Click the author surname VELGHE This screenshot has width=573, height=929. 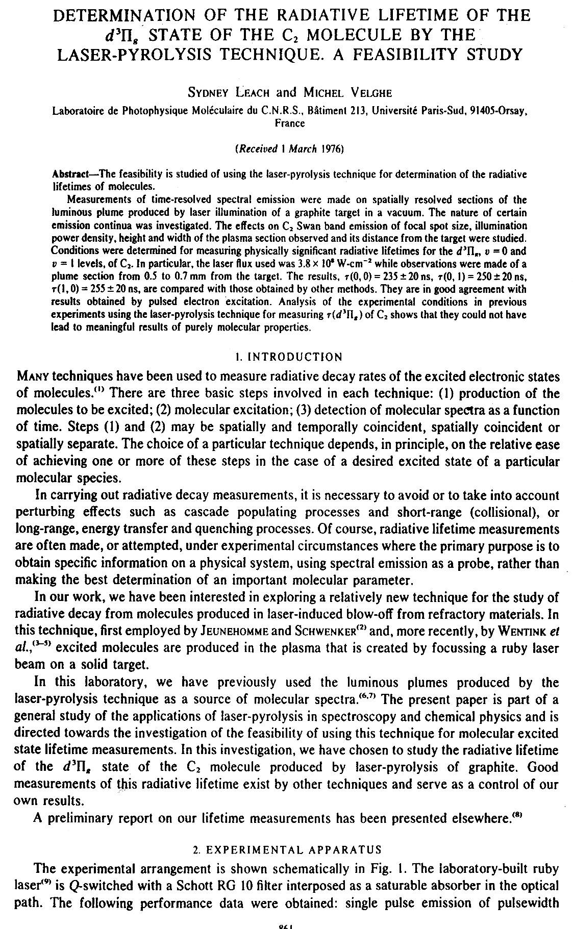pos(356,92)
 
